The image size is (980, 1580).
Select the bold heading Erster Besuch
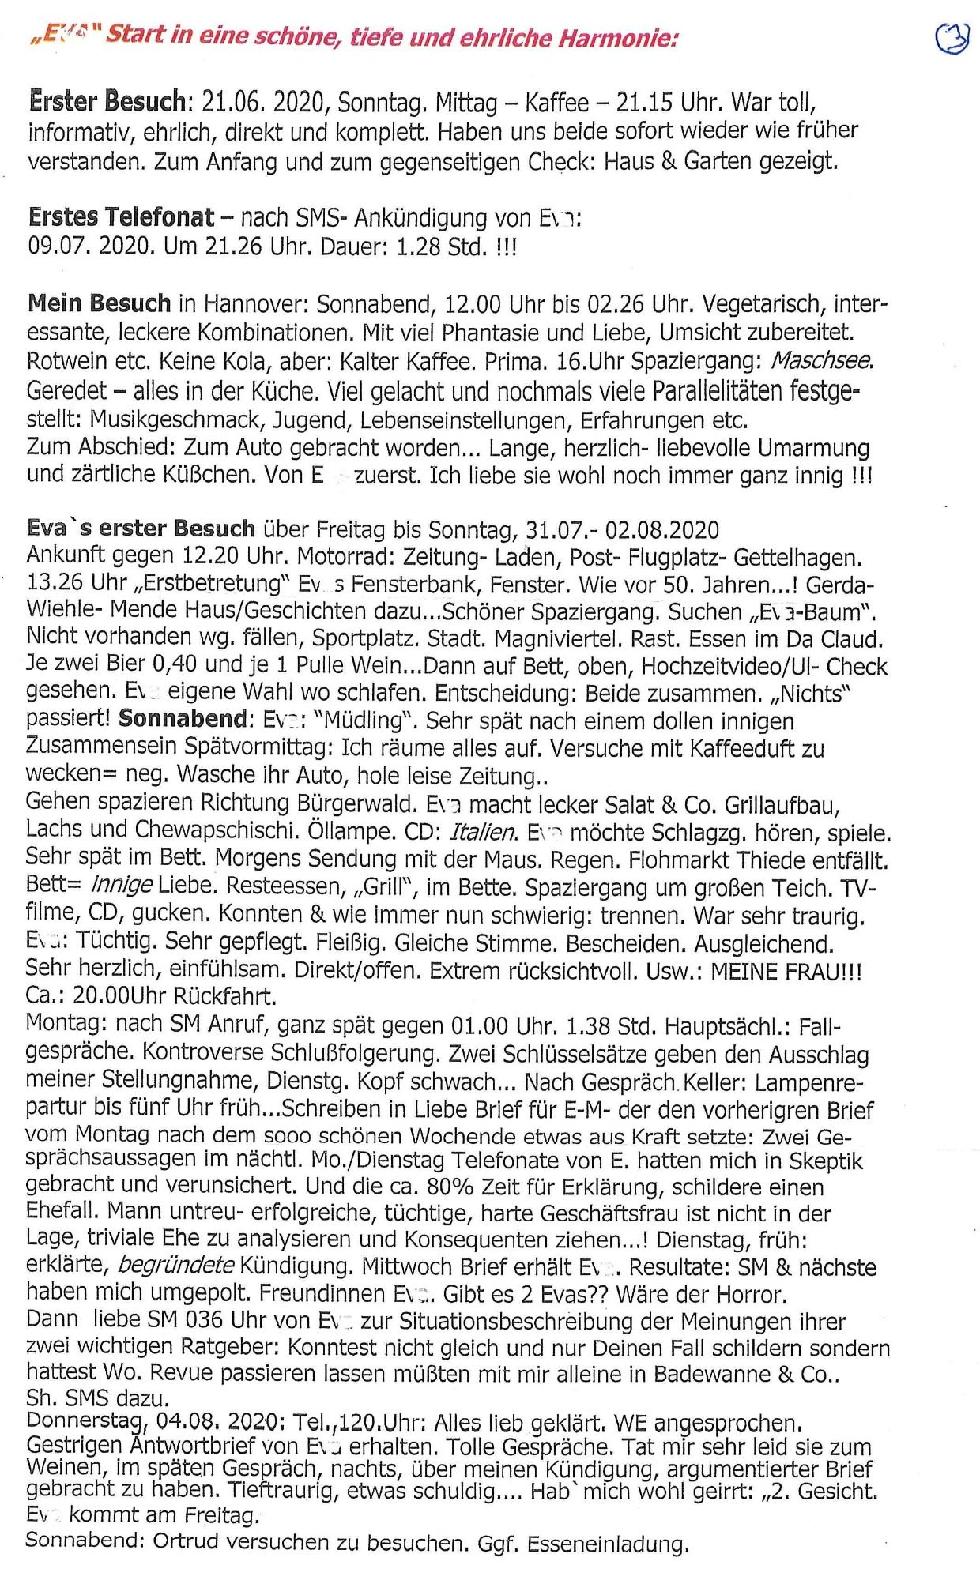[x=107, y=102]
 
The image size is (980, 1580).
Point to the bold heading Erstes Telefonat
[x=121, y=216]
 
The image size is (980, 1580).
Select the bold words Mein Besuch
[x=99, y=303]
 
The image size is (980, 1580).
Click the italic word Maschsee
[x=821, y=361]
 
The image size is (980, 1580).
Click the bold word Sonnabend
[x=183, y=719]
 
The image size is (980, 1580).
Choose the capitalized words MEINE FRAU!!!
[x=786, y=971]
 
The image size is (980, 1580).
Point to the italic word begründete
[x=175, y=1265]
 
